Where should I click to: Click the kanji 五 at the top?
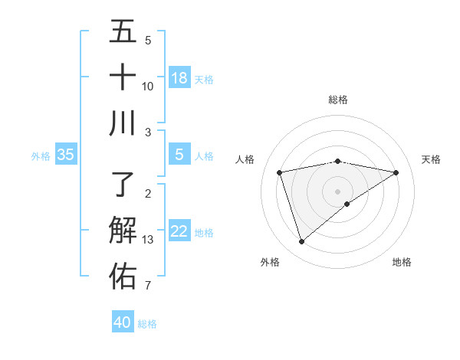pos(123,31)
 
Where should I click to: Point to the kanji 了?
pos(123,184)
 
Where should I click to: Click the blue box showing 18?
pos(179,78)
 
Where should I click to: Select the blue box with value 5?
pos(179,155)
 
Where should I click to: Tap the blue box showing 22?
pos(179,231)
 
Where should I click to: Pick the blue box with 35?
pos(65,155)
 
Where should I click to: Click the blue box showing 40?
pos(123,322)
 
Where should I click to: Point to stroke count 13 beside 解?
pos(148,240)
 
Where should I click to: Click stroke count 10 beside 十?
pos(148,86)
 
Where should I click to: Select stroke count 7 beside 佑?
pos(148,286)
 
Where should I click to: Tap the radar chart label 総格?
pos(338,100)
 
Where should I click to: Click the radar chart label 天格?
pos(431,159)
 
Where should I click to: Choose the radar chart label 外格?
pos(270,262)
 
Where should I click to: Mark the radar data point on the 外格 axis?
pos(301,242)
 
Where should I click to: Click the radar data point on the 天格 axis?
pos(396,172)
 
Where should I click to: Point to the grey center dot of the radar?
pos(338,191)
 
